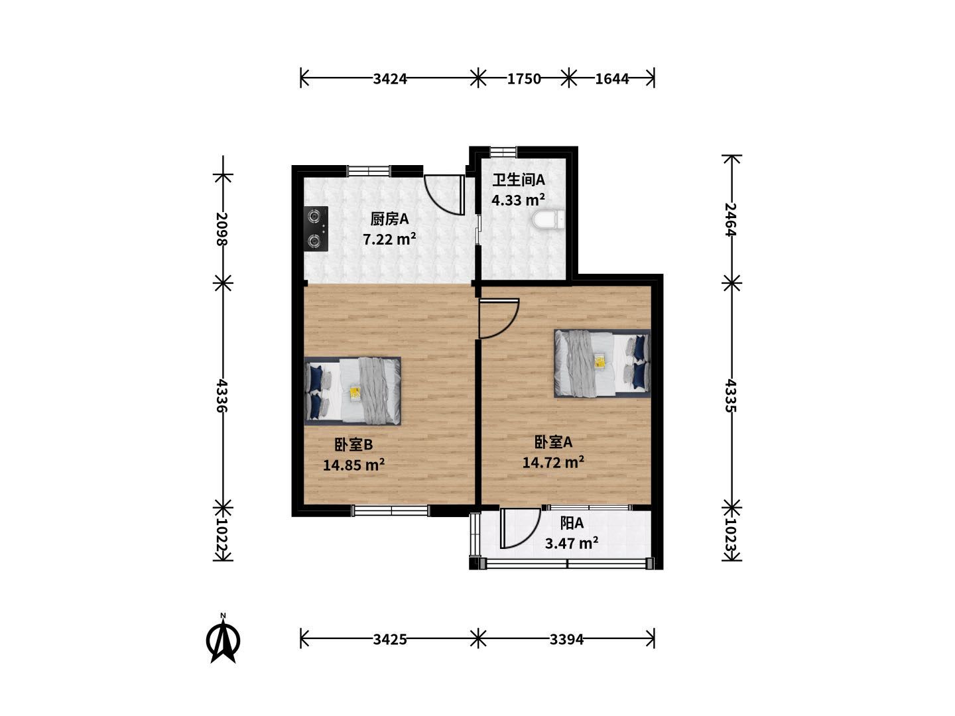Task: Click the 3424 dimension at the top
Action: (x=390, y=79)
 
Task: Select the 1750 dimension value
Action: (x=524, y=79)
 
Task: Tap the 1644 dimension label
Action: (x=611, y=79)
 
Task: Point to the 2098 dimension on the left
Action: (x=222, y=229)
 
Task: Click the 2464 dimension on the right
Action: (x=730, y=219)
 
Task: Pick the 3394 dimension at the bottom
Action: (x=566, y=640)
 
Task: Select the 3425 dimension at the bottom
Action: (x=390, y=640)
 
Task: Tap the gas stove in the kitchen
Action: (x=316, y=228)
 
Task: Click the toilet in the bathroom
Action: (x=548, y=219)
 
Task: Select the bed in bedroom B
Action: (x=352, y=391)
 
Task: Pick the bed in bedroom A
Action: (x=602, y=363)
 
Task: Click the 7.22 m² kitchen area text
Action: (x=389, y=239)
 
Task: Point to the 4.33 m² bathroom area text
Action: (x=518, y=200)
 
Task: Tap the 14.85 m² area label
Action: (x=353, y=465)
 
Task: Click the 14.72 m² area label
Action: (x=553, y=462)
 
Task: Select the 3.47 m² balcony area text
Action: (x=572, y=543)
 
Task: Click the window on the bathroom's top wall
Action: (x=503, y=152)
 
